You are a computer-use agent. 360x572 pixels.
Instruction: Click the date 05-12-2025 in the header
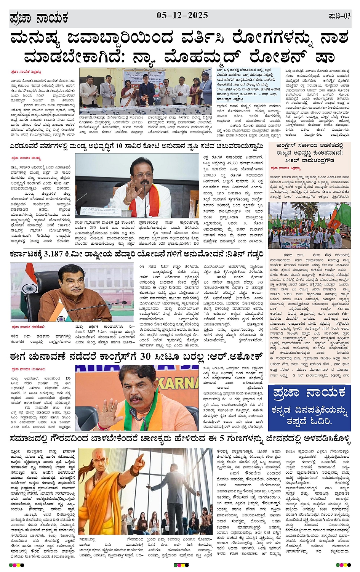pos(182,16)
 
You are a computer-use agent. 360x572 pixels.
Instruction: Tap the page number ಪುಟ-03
pos(339,16)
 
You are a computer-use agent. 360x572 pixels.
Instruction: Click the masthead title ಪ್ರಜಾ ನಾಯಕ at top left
pos(39,18)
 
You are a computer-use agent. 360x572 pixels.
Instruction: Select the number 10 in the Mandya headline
pos(119,145)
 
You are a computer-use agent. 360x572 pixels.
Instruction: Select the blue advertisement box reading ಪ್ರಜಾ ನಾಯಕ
pos(309,408)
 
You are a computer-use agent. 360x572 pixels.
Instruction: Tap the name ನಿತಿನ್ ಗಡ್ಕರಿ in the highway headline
pos(245,254)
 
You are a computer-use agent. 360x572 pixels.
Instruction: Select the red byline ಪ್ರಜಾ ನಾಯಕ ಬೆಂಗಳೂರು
pos(29,369)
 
